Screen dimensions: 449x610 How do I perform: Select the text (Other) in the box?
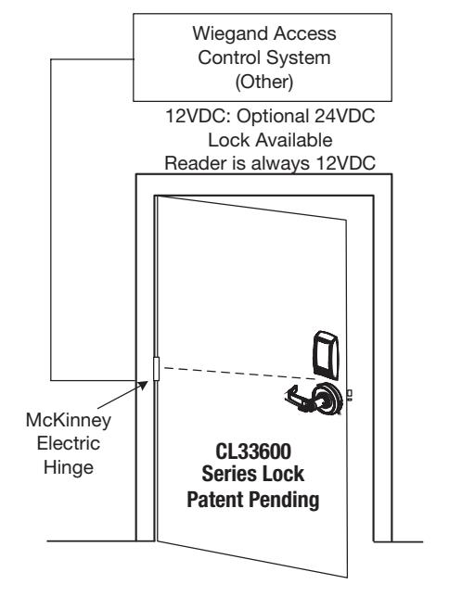264,83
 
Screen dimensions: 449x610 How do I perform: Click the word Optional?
273,116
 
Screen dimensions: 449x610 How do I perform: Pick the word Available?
294,140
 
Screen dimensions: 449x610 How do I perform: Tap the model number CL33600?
253,451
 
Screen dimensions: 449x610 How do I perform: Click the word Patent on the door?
215,499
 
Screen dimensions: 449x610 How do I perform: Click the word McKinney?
69,420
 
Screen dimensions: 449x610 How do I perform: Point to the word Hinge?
69,467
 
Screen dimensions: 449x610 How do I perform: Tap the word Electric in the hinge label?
69,443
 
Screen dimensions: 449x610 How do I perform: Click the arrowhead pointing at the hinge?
143,385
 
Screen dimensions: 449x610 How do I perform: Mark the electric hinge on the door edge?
157,368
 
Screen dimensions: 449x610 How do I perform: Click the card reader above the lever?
326,355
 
